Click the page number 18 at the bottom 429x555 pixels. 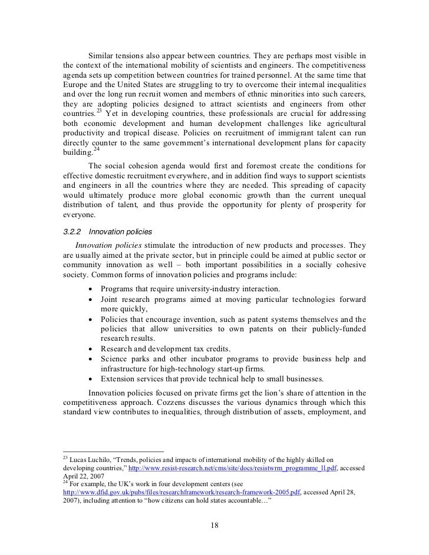214,525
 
